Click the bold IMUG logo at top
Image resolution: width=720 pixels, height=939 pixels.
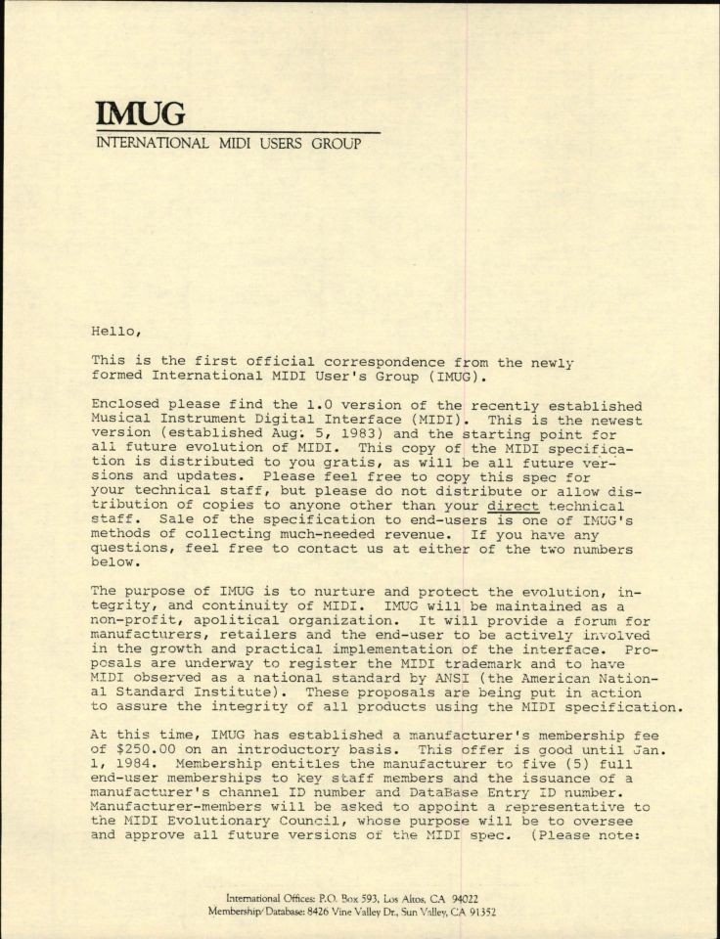pyautogui.click(x=140, y=113)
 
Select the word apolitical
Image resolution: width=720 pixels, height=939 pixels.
pyautogui.click(x=233, y=619)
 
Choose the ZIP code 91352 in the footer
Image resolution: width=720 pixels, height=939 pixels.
pyautogui.click(x=479, y=911)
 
